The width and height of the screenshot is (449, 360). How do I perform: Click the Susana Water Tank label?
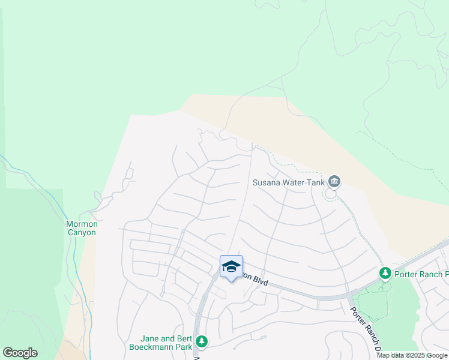(x=288, y=182)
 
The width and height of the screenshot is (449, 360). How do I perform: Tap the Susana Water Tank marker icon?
(x=334, y=181)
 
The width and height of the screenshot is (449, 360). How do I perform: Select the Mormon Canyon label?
(x=82, y=229)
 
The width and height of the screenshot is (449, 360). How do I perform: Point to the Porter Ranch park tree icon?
(x=385, y=274)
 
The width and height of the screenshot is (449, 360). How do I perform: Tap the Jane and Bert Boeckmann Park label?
(x=161, y=343)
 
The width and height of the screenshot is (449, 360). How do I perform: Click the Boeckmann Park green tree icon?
(x=202, y=342)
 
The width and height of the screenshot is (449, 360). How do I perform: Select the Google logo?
(x=20, y=353)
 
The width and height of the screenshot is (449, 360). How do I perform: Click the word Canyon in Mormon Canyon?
(x=82, y=233)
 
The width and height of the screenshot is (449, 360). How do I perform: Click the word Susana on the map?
(x=266, y=182)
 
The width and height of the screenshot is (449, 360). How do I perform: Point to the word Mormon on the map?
(x=82, y=224)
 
